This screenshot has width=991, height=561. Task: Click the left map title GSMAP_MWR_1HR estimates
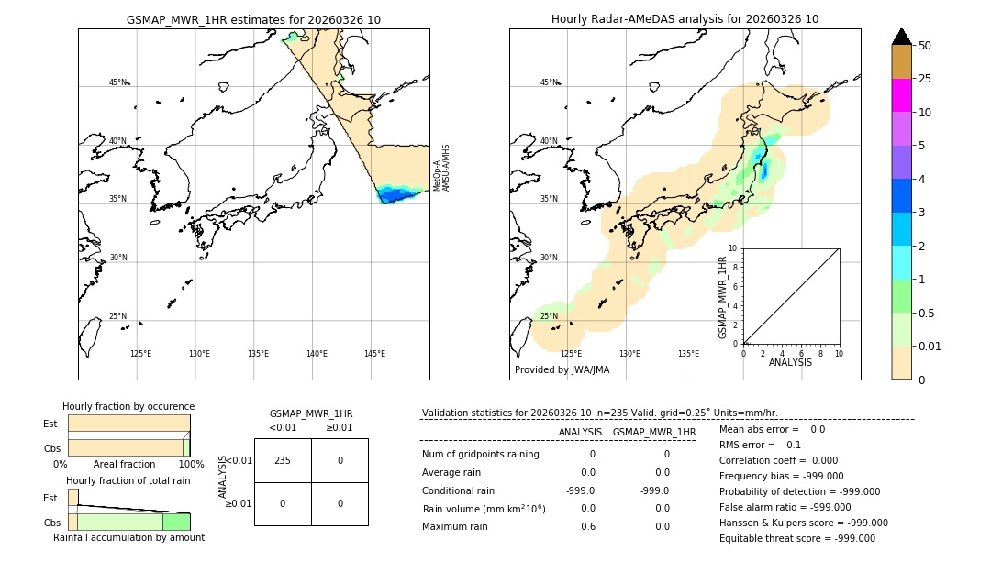pyautogui.click(x=253, y=19)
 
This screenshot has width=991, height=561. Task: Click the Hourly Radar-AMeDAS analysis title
pyautogui.click(x=685, y=19)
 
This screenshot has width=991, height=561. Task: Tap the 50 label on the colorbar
pyautogui.click(x=925, y=46)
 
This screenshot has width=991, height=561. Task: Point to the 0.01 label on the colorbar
pyautogui.click(x=930, y=346)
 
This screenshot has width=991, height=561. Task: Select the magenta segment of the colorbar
pyautogui.click(x=901, y=95)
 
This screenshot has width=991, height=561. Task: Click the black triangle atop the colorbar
pyautogui.click(x=901, y=37)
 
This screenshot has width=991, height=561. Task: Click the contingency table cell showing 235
pyautogui.click(x=283, y=460)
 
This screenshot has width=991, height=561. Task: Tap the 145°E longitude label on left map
pyautogui.click(x=374, y=354)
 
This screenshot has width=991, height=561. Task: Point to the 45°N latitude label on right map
pyautogui.click(x=549, y=82)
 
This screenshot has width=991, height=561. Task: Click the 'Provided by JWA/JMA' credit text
pyautogui.click(x=562, y=370)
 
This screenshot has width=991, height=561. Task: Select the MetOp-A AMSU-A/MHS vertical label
pyautogui.click(x=441, y=168)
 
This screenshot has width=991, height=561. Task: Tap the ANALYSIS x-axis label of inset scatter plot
pyautogui.click(x=790, y=362)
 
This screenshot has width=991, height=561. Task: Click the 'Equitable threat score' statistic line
pyautogui.click(x=796, y=539)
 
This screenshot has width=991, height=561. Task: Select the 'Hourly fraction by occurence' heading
pyautogui.click(x=128, y=406)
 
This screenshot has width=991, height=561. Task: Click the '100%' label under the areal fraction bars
pyautogui.click(x=191, y=465)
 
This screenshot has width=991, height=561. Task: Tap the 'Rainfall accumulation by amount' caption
pyautogui.click(x=128, y=537)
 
